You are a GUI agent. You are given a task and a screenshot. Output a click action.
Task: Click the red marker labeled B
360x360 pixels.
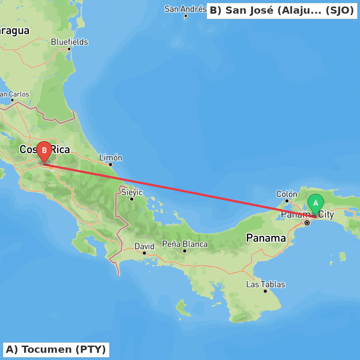tap(44, 150)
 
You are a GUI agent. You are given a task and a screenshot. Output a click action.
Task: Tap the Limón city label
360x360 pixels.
tap(111, 158)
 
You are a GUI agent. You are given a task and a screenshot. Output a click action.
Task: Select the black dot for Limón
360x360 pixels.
tap(111, 165)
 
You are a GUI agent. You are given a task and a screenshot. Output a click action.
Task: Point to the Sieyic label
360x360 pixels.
tap(132, 192)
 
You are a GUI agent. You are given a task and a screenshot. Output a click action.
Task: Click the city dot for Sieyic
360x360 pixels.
tap(132, 199)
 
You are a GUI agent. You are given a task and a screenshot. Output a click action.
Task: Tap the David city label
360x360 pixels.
tap(144, 246)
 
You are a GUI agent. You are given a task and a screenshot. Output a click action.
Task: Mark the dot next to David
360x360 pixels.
tap(144, 253)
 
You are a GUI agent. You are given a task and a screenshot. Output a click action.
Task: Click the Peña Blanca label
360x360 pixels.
tap(185, 244)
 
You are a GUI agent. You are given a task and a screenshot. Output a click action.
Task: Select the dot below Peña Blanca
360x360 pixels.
tap(185, 251)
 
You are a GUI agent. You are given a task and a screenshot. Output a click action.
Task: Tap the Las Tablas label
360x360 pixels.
tap(265, 284)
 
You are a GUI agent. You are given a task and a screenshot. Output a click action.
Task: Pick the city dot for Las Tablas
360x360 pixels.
tap(265, 291)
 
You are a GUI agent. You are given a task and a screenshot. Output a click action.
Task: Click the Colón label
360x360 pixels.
tap(287, 194)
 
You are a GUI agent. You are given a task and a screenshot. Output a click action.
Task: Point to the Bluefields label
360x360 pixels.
tap(69, 42)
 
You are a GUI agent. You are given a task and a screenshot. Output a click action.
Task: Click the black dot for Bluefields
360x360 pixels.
tap(69, 49)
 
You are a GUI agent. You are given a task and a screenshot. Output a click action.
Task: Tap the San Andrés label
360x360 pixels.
tap(185, 9)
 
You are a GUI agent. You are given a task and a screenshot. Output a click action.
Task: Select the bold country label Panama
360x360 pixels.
tap(266, 238)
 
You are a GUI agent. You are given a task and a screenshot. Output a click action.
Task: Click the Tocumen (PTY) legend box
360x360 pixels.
tap(56, 350)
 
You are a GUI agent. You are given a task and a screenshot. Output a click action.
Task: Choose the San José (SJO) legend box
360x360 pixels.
tap(282, 10)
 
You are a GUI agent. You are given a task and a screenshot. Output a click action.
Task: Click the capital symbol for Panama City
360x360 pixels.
tap(307, 223)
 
